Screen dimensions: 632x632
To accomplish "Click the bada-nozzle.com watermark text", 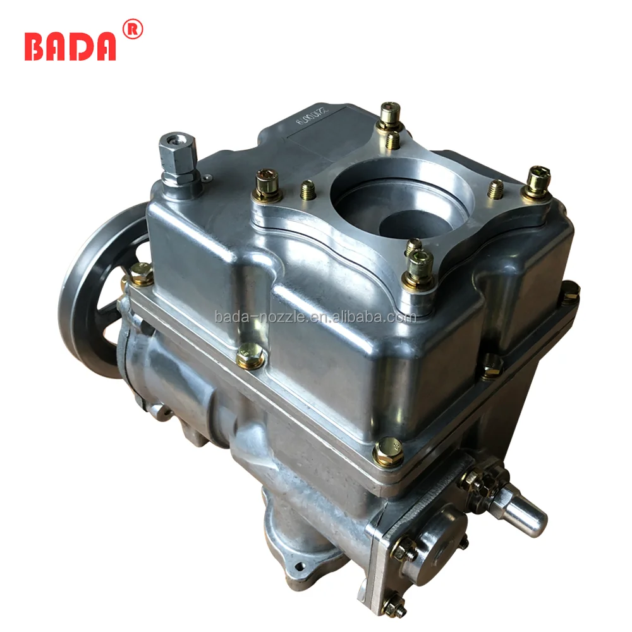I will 315,317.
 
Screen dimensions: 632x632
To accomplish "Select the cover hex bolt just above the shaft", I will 388,451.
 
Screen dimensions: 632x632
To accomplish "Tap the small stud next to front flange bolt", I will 413,246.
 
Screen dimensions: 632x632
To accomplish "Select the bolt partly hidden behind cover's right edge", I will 569,293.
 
